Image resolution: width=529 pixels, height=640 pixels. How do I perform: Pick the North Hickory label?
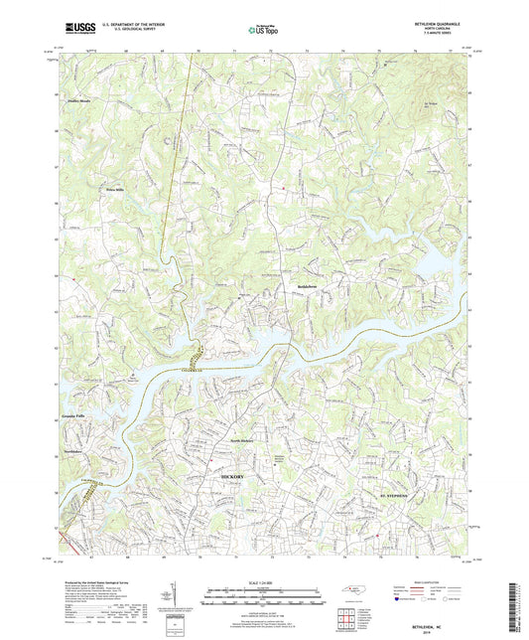pyautogui.click(x=243, y=440)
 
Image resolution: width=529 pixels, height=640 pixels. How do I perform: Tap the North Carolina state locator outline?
pyautogui.click(x=354, y=592)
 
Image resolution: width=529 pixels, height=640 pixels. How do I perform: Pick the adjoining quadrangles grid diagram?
pyautogui.click(x=347, y=617)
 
